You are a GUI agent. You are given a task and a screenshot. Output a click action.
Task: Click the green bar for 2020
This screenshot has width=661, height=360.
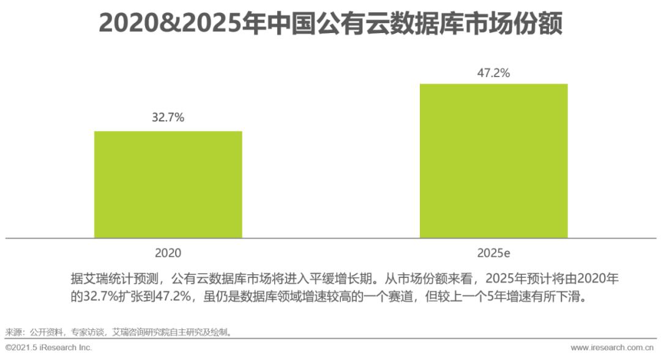(168, 184)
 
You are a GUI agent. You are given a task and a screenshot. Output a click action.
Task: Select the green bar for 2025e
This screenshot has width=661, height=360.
(493, 160)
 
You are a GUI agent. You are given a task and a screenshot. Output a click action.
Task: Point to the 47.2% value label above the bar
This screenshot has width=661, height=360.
(493, 73)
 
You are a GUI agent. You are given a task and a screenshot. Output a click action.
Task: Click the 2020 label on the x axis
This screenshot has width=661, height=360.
(168, 252)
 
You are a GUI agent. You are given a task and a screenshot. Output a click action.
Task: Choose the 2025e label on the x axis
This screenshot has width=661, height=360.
(493, 252)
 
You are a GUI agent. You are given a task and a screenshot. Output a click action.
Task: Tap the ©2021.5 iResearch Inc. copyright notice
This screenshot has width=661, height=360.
(48, 348)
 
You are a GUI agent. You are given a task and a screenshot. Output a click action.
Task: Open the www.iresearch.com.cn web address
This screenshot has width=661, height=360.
(612, 348)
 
